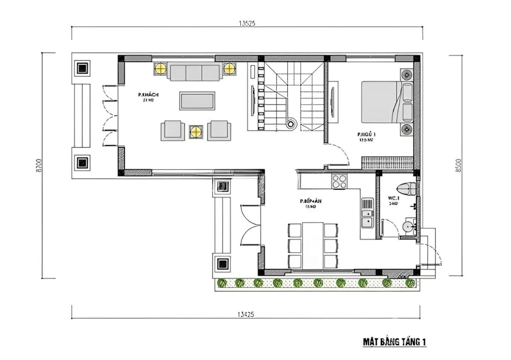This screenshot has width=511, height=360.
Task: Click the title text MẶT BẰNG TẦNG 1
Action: pos(394,342)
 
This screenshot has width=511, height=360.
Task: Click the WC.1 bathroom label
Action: pos(393,198)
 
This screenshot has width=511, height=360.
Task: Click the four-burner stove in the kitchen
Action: pos(340,181)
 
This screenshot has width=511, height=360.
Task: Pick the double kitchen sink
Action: pos(367,213)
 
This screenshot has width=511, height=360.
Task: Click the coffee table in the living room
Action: pos(197,101)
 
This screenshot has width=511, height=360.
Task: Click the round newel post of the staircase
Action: pos(291,124)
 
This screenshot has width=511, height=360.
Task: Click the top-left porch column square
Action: pos(82,67)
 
